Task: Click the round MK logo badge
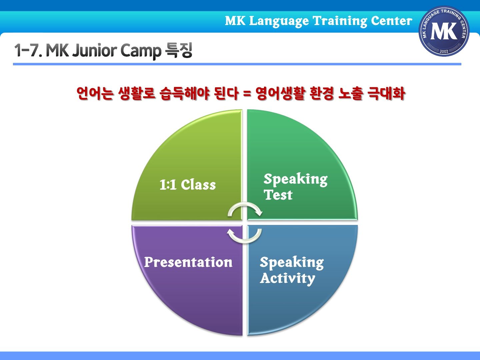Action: point(444,31)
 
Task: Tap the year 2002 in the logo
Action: point(444,51)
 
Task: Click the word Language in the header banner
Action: point(279,22)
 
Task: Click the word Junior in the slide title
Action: point(94,50)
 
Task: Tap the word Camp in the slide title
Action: point(141,51)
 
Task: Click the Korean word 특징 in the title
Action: point(179,50)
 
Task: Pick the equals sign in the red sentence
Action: point(247,94)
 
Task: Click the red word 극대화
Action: point(386,93)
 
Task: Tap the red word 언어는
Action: point(95,93)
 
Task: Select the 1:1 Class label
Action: point(188,185)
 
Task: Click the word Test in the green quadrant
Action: point(278,195)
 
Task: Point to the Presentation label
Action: point(188,262)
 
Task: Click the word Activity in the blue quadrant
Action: point(288,278)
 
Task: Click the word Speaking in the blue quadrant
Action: point(292,263)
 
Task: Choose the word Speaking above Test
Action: point(296,179)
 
